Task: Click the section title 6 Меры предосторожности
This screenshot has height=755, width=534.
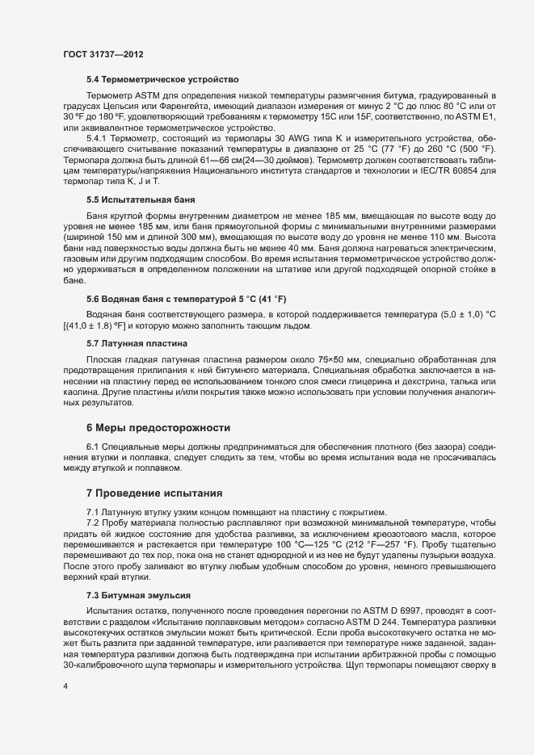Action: pos(158,426)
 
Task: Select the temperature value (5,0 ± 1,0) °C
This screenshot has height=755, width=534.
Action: pos(472,291)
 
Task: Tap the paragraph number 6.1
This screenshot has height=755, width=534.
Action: pos(94,447)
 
